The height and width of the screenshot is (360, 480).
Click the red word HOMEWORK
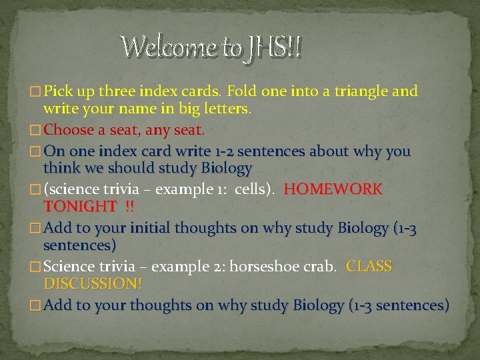[333, 189]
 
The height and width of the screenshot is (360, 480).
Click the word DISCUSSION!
[93, 284]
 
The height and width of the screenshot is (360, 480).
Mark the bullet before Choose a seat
[36, 129]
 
